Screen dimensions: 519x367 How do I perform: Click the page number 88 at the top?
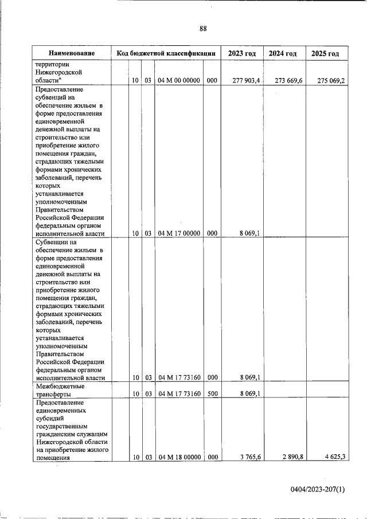coord(203,29)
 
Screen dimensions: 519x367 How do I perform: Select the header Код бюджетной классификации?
coord(166,53)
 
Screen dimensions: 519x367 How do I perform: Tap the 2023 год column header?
coord(241,53)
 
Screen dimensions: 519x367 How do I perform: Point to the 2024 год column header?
coord(283,53)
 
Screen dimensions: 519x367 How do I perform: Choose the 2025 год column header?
coord(325,53)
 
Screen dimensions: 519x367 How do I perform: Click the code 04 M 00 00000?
coord(178,81)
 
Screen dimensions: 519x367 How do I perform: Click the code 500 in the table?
coord(212,393)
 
